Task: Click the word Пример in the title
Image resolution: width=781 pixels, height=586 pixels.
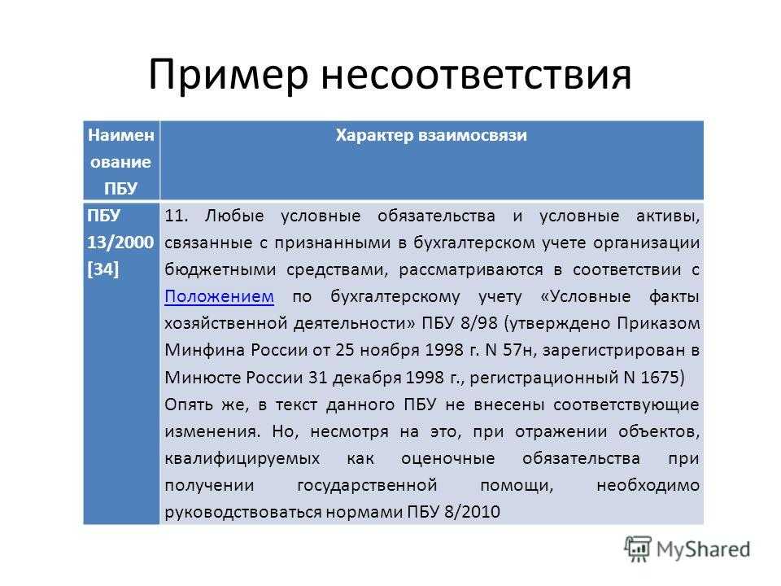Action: coord(228,76)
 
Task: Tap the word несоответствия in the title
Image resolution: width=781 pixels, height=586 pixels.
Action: coord(476,75)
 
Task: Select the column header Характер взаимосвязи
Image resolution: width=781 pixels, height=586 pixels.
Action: coord(431,135)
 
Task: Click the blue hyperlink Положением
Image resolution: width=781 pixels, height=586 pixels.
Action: coord(219,296)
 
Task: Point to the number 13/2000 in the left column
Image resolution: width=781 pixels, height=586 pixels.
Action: coord(120,243)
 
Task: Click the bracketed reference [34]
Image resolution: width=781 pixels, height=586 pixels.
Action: coord(103,269)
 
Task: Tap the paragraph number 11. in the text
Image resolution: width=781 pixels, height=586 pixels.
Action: coord(177,216)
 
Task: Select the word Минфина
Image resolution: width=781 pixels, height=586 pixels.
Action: coord(205,350)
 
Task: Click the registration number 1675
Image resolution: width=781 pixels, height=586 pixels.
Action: coord(660,377)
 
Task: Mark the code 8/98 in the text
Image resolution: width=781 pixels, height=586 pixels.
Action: coord(478,323)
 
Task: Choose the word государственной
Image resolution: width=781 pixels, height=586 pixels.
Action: coord(367,485)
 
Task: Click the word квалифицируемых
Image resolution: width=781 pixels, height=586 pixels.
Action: coord(242,458)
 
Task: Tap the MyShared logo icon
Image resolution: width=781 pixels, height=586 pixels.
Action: coord(638,549)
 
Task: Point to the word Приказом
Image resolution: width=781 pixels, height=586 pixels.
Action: coord(658,323)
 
